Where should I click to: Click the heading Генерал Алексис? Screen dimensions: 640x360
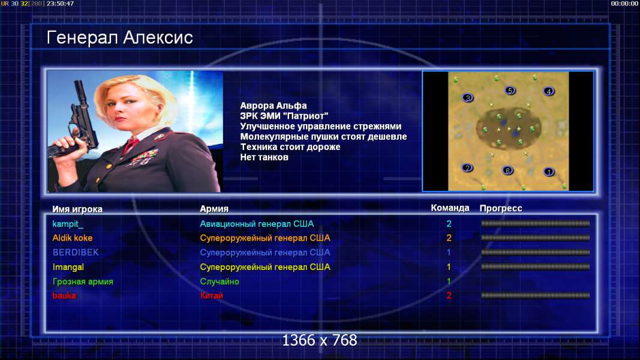point(119,38)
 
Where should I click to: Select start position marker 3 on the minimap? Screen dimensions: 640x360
point(468,98)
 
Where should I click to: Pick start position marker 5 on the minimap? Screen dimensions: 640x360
point(510,90)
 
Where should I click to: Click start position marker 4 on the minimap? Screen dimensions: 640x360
point(549,91)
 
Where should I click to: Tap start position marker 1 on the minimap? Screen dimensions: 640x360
point(549,172)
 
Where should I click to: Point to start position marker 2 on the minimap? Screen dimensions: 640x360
point(467,168)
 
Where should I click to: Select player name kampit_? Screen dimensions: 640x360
point(68,224)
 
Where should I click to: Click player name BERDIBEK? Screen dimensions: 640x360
point(76,252)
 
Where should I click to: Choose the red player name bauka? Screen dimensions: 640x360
point(64,296)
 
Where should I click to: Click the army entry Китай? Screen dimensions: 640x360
point(211,296)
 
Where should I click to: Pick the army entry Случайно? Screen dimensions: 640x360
point(220,281)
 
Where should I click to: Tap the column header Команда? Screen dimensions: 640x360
point(450,208)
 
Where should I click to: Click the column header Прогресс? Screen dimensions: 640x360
point(501,208)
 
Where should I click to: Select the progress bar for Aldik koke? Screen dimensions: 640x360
point(536,238)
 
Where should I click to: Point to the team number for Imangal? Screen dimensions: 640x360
point(449,267)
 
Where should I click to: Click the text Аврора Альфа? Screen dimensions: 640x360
point(274,106)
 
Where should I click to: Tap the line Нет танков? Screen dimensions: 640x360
point(264,157)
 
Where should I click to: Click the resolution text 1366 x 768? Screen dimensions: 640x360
point(320,340)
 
